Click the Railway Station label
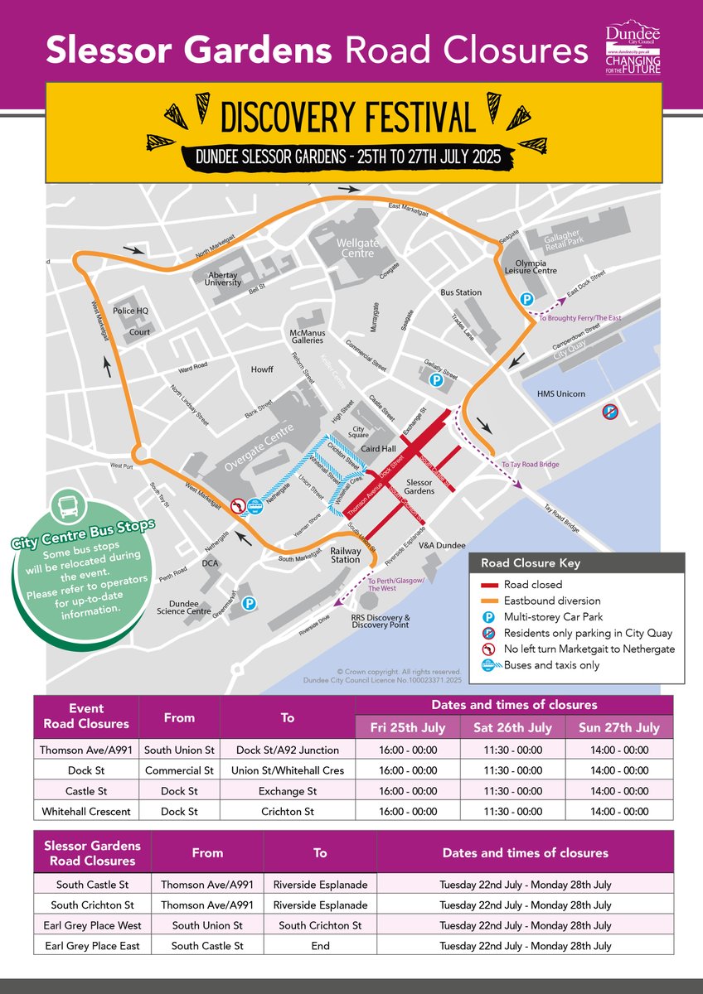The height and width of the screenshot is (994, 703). tap(346, 554)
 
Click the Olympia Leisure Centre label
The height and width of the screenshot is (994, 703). tap(531, 265)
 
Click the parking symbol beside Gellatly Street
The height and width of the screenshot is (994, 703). tap(436, 380)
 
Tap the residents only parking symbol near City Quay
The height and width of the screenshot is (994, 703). tap(609, 411)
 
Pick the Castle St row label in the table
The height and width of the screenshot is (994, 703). tap(85, 791)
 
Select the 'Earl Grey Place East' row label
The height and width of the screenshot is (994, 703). tap(92, 945)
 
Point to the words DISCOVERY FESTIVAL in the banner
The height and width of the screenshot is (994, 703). tap(347, 117)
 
